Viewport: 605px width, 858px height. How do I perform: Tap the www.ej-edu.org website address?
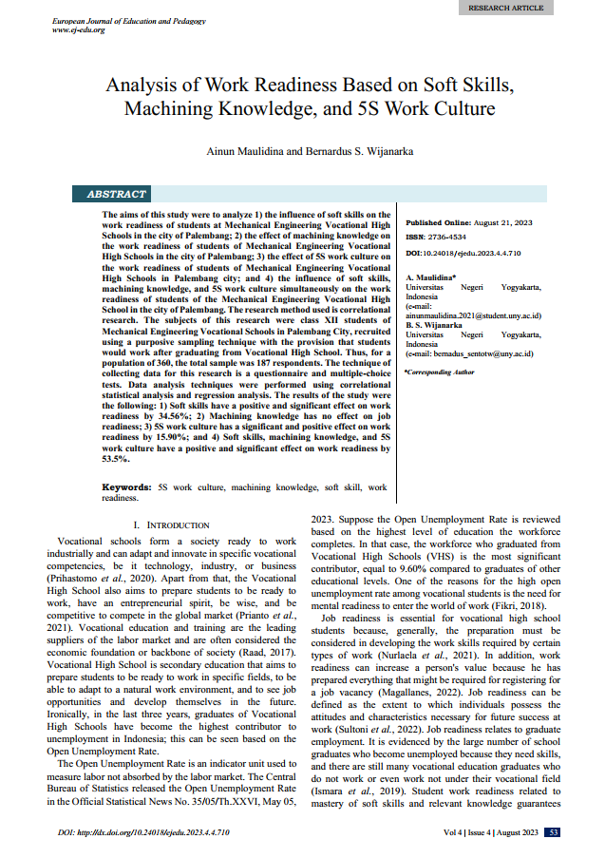click(x=79, y=29)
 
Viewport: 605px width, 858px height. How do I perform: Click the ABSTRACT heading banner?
click(x=117, y=194)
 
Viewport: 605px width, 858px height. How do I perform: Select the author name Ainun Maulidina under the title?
click(x=245, y=151)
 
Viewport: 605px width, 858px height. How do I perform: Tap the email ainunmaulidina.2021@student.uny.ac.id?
click(x=473, y=315)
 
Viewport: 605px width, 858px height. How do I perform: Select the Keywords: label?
click(x=127, y=486)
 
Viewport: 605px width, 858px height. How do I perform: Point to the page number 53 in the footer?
click(x=553, y=832)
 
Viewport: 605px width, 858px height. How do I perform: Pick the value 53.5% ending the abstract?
click(x=116, y=458)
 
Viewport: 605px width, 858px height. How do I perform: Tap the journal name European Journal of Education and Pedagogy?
click(x=129, y=20)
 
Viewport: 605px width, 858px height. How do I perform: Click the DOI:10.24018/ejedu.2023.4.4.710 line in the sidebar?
click(x=466, y=253)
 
